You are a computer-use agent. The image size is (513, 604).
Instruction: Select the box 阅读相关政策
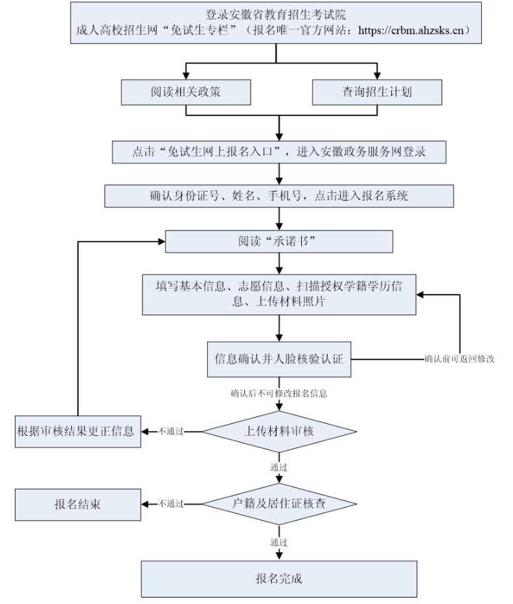click(x=186, y=92)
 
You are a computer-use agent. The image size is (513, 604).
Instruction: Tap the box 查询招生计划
click(x=377, y=92)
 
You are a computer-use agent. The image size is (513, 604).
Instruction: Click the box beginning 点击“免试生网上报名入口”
click(x=279, y=151)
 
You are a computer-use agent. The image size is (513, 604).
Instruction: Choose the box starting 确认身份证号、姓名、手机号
click(x=279, y=196)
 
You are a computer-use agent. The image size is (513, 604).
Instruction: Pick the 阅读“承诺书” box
click(x=279, y=242)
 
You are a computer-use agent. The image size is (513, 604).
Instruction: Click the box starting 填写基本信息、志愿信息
click(x=279, y=294)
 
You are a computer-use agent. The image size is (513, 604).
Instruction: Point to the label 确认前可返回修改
click(x=459, y=358)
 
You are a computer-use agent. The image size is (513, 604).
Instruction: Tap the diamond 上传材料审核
click(x=279, y=431)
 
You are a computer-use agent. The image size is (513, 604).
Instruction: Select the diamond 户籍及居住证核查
click(x=279, y=503)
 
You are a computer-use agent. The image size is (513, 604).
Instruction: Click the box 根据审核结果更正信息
click(x=77, y=431)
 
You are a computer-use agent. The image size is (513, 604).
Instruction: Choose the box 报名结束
click(x=77, y=504)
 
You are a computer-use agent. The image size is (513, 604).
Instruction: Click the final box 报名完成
click(x=279, y=578)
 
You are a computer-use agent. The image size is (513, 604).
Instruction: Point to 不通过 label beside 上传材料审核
click(x=170, y=431)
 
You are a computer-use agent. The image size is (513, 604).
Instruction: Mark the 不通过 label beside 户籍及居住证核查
click(x=170, y=504)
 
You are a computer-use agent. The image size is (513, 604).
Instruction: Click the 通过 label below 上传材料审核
click(x=279, y=466)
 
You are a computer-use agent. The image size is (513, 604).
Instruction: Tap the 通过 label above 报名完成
click(x=279, y=541)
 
